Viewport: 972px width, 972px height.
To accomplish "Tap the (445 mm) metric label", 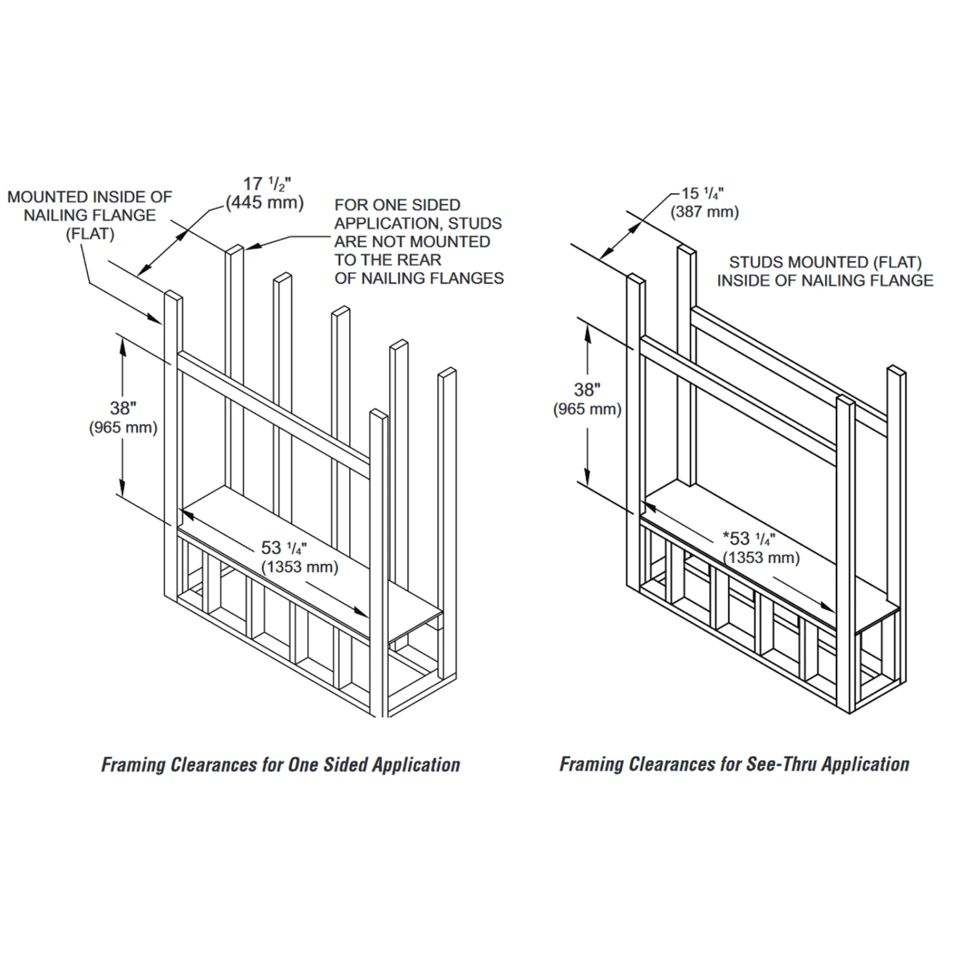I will pyautogui.click(x=264, y=203).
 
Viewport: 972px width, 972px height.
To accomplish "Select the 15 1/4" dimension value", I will pyautogui.click(x=702, y=193).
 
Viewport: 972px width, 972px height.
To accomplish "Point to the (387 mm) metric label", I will pyautogui.click(x=704, y=212).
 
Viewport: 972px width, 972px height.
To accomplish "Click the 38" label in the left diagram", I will pyautogui.click(x=122, y=408).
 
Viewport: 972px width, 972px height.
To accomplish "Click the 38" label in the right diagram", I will pyautogui.click(x=587, y=389).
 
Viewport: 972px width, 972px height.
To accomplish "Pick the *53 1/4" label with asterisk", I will pyautogui.click(x=748, y=538).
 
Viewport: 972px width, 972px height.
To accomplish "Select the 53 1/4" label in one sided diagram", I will pyautogui.click(x=284, y=548).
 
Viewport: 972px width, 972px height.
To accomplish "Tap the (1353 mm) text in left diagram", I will pyautogui.click(x=299, y=567).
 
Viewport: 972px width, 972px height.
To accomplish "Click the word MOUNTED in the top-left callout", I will pyautogui.click(x=47, y=197).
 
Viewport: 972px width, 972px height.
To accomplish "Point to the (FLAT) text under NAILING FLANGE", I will pyautogui.click(x=89, y=234).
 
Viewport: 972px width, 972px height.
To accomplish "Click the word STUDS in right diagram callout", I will pyautogui.click(x=753, y=262).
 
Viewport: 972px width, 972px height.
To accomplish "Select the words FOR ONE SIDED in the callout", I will pyautogui.click(x=397, y=205).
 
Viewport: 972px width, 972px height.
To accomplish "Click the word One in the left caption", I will pyautogui.click(x=303, y=765).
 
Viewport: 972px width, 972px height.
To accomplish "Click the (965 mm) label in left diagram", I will pyautogui.click(x=123, y=428).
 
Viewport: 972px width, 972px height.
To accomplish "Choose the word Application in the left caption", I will pyautogui.click(x=417, y=765).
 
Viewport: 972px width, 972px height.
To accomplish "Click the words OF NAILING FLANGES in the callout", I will pyautogui.click(x=419, y=279).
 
